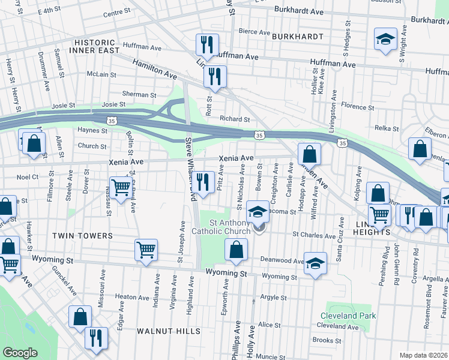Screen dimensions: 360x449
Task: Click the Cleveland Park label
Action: click(x=348, y=316)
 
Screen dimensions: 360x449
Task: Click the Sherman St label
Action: click(x=139, y=95)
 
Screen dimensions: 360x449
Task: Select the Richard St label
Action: click(x=234, y=119)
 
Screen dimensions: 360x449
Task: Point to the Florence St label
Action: click(x=357, y=107)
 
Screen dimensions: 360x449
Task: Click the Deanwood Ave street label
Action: click(x=282, y=260)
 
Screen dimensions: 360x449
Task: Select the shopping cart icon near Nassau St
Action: click(x=121, y=188)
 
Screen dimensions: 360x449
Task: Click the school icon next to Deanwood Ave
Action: click(x=315, y=263)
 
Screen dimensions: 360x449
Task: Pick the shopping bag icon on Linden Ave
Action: click(x=309, y=154)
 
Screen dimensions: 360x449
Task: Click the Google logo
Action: click(x=20, y=353)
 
